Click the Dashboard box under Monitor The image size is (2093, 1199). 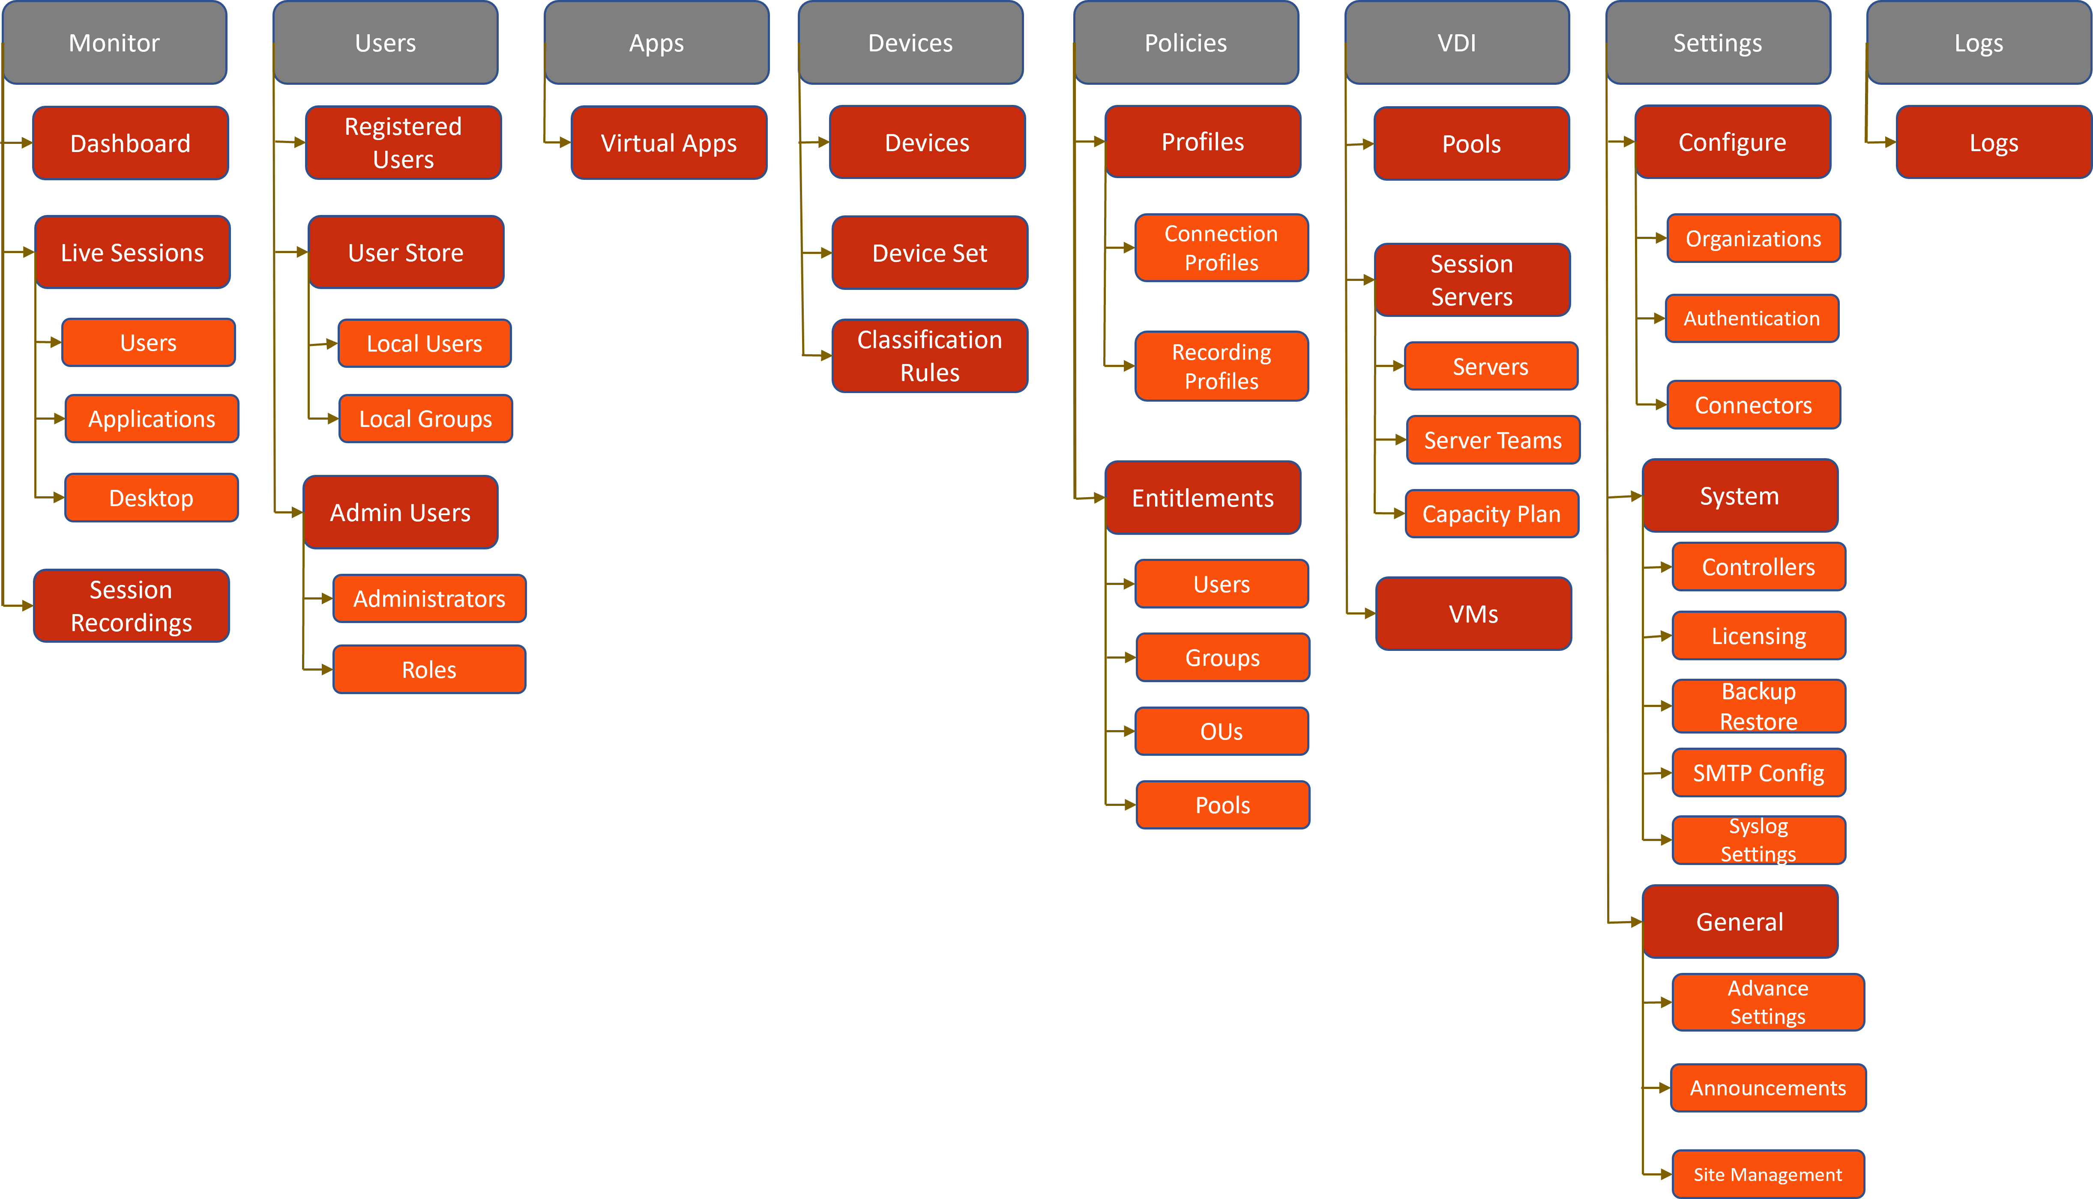tap(130, 143)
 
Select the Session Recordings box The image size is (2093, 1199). tap(131, 606)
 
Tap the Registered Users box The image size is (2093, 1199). tap(403, 143)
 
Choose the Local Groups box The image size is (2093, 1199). tap(425, 419)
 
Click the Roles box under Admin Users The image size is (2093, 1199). tap(428, 669)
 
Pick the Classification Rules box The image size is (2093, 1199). tap(929, 356)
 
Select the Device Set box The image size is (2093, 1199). tap(929, 253)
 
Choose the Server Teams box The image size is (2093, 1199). tap(1493, 441)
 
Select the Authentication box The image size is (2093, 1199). tap(1751, 319)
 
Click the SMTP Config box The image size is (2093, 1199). tap(1758, 772)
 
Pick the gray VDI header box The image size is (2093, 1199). tap(1456, 43)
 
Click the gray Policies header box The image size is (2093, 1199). tap(1185, 43)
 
